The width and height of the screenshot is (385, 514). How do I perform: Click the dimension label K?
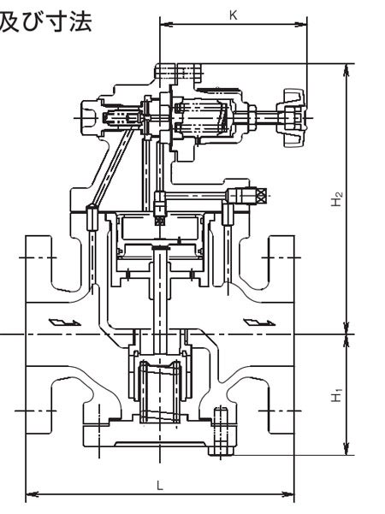point(234,15)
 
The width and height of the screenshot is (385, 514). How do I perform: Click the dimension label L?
point(160,486)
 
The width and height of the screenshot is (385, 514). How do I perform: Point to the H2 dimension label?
point(336,198)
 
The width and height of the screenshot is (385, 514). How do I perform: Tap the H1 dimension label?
point(336,395)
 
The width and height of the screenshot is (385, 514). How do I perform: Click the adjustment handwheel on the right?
point(293,118)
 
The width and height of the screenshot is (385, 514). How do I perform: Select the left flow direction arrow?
point(65,322)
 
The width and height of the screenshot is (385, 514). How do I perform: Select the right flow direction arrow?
point(259,322)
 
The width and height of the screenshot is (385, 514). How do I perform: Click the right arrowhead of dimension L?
point(288,494)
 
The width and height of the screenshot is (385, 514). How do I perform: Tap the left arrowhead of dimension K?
point(166,24)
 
